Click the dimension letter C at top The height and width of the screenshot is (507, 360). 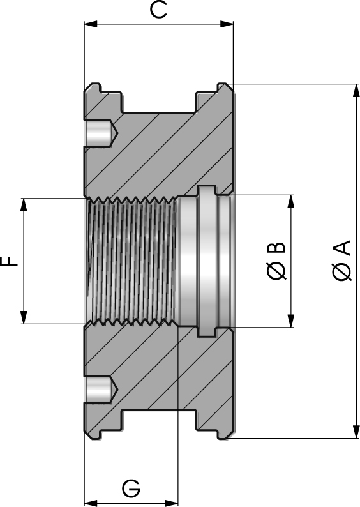click(158, 10)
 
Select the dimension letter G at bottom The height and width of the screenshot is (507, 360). click(131, 488)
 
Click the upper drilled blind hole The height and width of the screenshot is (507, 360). click(100, 133)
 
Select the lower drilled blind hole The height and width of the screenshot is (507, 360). click(100, 389)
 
